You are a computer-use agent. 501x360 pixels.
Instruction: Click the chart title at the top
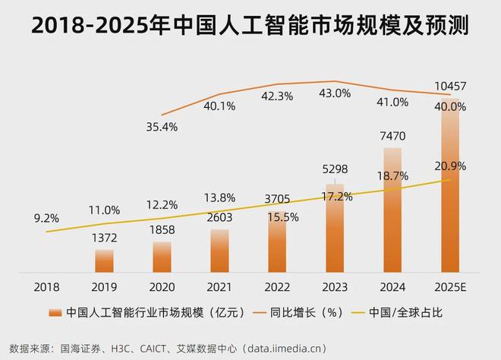pos(250,27)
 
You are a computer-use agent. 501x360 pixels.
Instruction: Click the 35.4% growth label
pos(162,127)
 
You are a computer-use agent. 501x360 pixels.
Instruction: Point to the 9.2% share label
pos(46,217)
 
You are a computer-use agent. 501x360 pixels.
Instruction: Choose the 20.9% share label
pos(450,166)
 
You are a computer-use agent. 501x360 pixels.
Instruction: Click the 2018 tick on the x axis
pos(46,288)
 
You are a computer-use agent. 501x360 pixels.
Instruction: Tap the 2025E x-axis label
pos(450,288)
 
